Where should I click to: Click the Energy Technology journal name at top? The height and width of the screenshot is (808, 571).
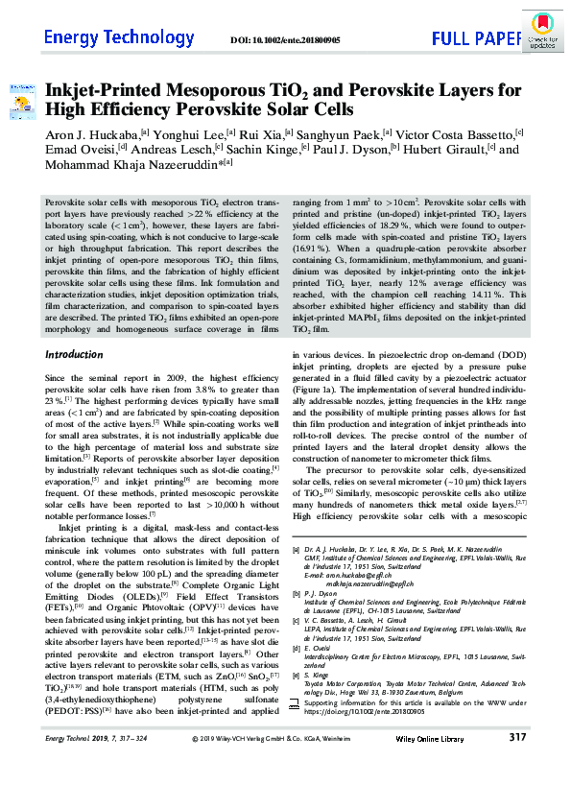106,37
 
